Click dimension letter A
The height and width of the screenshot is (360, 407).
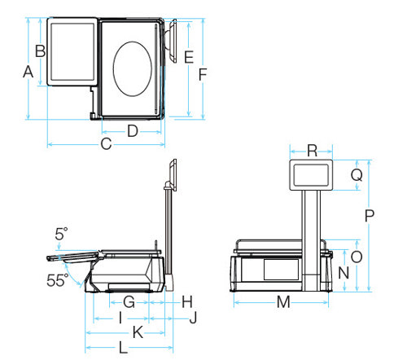28,72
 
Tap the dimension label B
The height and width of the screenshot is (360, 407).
41,51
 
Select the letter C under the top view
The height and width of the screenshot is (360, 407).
106,144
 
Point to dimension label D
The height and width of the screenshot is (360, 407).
133,131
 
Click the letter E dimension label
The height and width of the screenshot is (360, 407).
189,57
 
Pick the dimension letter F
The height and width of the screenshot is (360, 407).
203,75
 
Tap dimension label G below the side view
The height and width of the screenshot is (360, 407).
129,302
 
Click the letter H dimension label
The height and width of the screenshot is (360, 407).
187,302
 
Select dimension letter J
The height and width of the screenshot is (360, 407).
193,318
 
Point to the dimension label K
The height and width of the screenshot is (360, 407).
138,332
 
